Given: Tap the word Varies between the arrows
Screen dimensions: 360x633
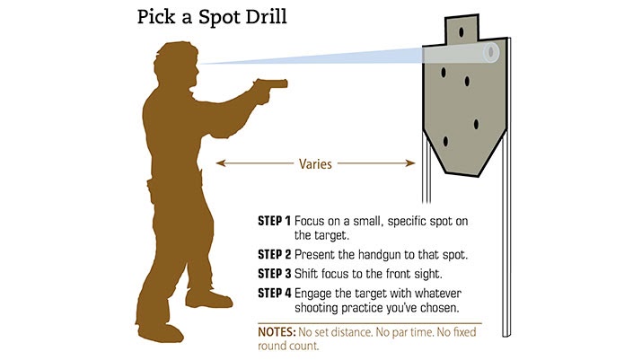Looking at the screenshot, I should [315, 164].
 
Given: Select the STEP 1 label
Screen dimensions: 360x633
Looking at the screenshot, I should [275, 220].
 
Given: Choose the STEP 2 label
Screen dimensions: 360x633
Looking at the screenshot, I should [275, 254].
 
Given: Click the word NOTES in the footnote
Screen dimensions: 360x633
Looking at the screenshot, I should [278, 329].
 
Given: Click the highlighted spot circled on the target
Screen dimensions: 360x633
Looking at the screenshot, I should [490, 52].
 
